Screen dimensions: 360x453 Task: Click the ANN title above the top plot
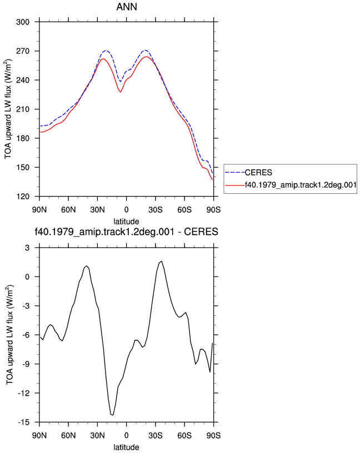[127, 7]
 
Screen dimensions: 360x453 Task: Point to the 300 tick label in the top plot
[23, 22]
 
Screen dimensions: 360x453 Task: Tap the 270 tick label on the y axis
[23, 51]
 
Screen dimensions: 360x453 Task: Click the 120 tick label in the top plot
[23, 197]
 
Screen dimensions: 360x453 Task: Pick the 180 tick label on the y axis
[23, 138]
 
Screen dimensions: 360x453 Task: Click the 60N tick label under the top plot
[68, 209]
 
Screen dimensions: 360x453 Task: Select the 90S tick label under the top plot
[213, 209]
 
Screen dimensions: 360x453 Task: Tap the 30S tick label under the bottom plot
[156, 435]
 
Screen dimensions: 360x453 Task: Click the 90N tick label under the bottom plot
[39, 435]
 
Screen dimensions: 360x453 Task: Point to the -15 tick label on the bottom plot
[24, 422]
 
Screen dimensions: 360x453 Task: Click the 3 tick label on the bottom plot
[27, 248]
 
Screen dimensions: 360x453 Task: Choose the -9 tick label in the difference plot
[26, 364]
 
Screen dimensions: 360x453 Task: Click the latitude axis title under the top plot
[126, 222]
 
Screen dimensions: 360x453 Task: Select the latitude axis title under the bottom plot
[126, 447]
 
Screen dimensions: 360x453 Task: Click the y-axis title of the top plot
[8, 109]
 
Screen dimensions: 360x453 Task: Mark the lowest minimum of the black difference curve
[112, 415]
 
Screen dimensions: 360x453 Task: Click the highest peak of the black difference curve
[161, 261]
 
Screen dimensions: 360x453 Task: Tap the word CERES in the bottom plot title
[201, 231]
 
